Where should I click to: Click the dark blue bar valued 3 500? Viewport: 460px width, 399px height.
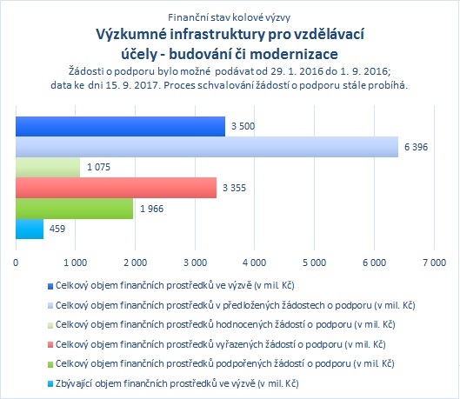[120, 126]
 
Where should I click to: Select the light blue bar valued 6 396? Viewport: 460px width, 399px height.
[207, 147]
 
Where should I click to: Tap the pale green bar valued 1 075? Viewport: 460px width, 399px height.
[48, 168]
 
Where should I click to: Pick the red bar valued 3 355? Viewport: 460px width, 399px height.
[117, 188]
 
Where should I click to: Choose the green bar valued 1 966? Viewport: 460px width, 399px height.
[74, 209]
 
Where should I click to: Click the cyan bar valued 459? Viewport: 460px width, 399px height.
[30, 229]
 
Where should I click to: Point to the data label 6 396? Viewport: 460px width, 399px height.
[416, 147]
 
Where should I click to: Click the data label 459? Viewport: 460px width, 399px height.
[57, 229]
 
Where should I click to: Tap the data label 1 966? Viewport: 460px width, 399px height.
[151, 209]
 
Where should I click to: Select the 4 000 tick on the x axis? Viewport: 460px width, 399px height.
[255, 263]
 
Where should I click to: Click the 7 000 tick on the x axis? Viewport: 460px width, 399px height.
[434, 263]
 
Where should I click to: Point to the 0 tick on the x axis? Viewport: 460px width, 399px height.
[16, 263]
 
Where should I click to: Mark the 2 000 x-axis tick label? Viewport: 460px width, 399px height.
[135, 263]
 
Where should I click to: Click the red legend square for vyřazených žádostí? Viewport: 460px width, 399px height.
[50, 345]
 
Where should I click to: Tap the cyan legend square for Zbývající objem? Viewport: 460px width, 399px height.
[50, 383]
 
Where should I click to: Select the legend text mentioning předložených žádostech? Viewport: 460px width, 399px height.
[236, 305]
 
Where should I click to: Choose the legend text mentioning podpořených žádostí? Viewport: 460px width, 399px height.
[224, 364]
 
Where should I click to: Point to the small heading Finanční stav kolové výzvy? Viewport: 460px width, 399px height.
[229, 17]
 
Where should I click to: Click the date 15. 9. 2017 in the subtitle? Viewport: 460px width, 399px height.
[130, 85]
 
